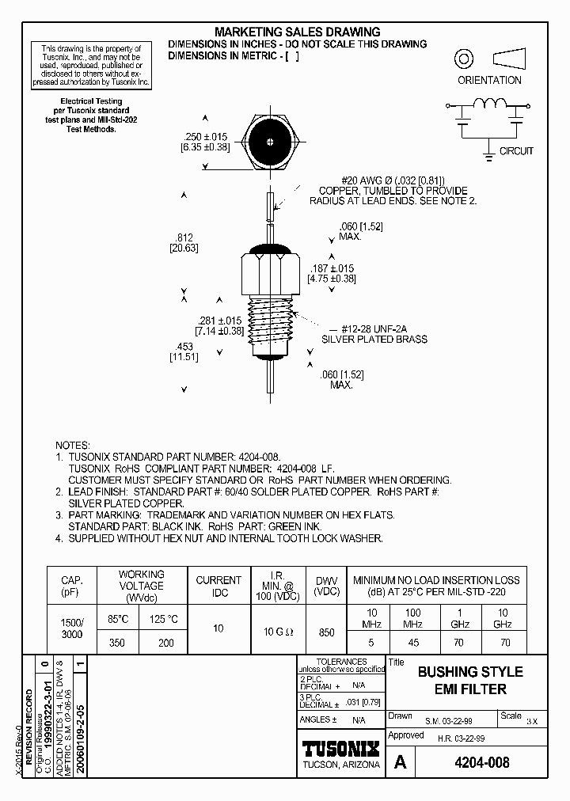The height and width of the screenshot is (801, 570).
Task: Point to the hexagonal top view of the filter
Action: tap(271, 142)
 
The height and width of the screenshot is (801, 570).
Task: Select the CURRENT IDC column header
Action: tap(218, 586)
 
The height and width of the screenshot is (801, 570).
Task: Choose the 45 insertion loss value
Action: tap(412, 643)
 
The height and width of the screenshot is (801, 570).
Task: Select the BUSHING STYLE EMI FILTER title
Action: tap(470, 681)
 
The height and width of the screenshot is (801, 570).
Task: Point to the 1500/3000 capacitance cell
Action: tap(71, 629)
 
